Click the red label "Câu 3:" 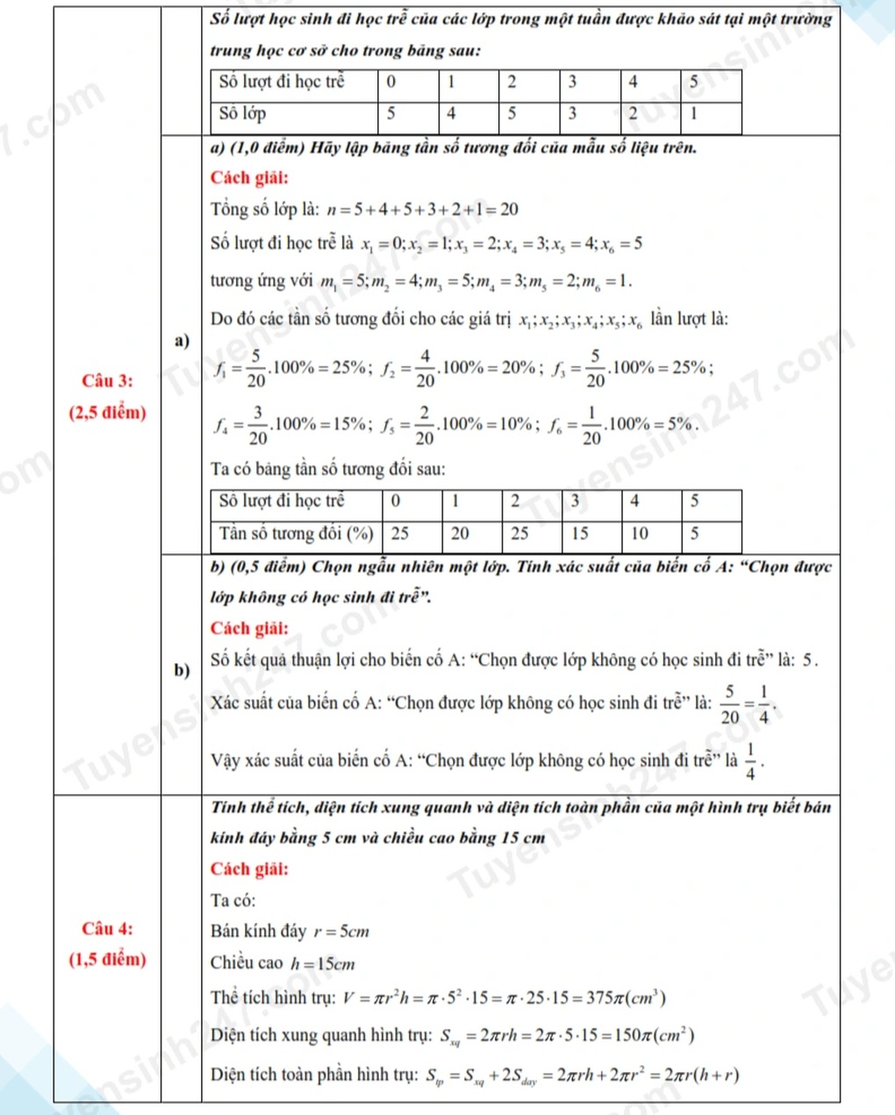pos(107,381)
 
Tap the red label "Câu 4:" pos(107,928)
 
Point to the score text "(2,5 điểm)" pos(107,412)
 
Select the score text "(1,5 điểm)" pos(107,959)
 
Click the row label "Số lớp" pos(243,113)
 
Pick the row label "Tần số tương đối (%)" pos(297,533)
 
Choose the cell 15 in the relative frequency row pos(580,533)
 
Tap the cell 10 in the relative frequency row pos(640,533)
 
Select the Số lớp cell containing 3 pos(572,113)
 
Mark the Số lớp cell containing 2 pos(632,113)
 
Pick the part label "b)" pos(182,671)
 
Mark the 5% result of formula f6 pos(681,425)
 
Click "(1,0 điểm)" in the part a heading pos(265,147)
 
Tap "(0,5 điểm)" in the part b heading pos(268,566)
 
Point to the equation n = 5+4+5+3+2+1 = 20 pos(422,210)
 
